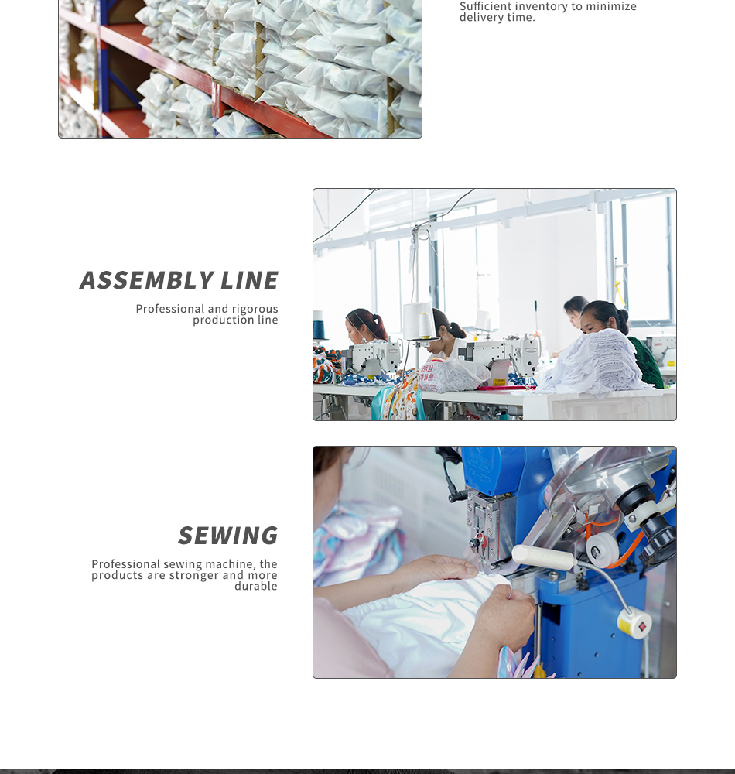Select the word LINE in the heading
pos(249,280)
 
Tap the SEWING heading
pos(227,536)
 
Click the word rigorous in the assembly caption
pos(255,309)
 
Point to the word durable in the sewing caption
pos(255,587)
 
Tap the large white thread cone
pos(418,321)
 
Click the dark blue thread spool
pos(320,328)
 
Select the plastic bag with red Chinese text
pos(448,375)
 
